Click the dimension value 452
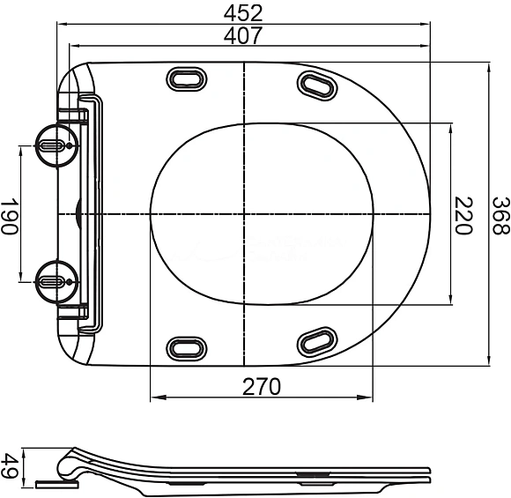[x=244, y=12]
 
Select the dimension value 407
[x=244, y=36]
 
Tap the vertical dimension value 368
[x=500, y=214]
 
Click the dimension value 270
[x=261, y=386]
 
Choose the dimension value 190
[x=10, y=214]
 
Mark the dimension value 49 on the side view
[x=10, y=466]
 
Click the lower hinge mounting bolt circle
[x=52, y=281]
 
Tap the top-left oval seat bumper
[x=186, y=80]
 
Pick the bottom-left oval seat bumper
[x=186, y=347]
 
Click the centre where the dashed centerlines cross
[x=243, y=214]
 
